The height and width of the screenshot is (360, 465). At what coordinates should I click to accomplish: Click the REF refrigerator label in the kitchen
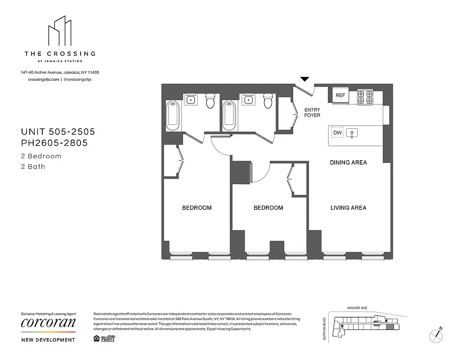340,95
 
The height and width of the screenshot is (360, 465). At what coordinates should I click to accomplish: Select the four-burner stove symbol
365,98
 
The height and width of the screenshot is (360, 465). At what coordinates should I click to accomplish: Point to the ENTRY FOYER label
312,112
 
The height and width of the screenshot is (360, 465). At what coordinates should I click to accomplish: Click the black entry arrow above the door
304,79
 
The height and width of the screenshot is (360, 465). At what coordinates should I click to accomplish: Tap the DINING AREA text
348,162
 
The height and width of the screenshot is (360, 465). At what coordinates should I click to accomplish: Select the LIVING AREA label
348,208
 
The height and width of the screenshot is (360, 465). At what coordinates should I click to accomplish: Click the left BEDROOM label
197,208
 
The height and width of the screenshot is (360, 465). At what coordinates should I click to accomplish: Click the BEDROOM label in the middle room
268,208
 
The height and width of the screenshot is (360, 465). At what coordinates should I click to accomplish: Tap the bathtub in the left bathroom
173,116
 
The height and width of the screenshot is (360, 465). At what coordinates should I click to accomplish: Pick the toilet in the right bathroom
268,102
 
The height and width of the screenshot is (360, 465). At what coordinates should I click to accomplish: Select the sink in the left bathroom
191,99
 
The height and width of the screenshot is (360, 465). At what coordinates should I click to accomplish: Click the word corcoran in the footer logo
49,323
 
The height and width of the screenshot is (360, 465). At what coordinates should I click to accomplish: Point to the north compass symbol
436,334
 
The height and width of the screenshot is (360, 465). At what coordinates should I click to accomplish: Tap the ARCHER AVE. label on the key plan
357,308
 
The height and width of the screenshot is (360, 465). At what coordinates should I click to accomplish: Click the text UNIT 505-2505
58,132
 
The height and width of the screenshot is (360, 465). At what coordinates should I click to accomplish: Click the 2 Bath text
33,166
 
